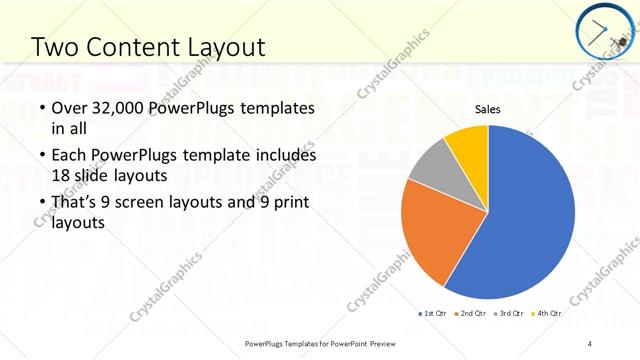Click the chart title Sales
pos(487,109)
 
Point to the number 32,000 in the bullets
pos(119,108)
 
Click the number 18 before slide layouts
pos(60,175)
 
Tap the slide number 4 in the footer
pos(589,343)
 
